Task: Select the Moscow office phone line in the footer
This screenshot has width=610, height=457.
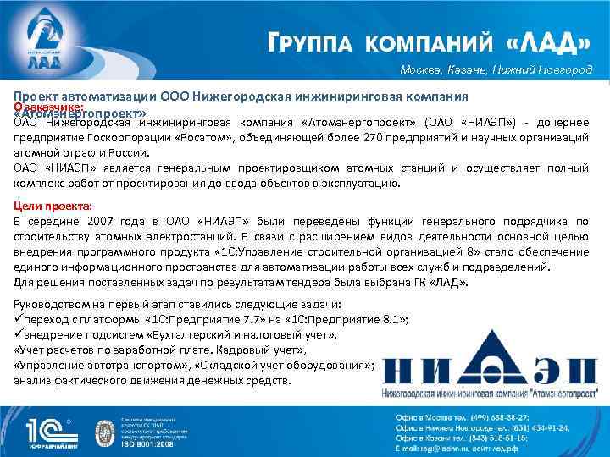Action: click(474, 417)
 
